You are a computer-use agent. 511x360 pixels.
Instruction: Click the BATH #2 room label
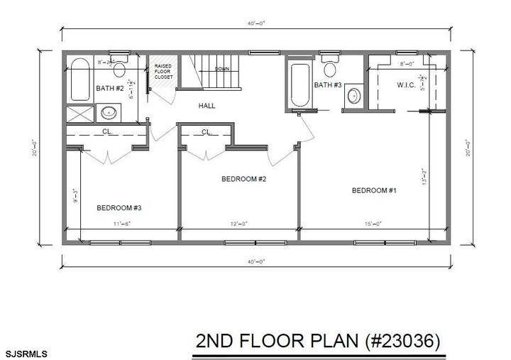point(109,89)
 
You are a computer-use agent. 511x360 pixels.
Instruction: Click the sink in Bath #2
point(109,111)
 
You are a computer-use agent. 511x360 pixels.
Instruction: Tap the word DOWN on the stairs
point(222,69)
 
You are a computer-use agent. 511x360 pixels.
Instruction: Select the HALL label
point(207,106)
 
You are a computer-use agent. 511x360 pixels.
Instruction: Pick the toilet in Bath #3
point(329,69)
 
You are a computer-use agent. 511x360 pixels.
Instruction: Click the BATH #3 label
point(328,85)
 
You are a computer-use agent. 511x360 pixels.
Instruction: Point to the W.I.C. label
point(407,86)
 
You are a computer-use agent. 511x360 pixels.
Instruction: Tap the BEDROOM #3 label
point(119,208)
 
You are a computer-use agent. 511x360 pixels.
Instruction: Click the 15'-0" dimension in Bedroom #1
point(373,224)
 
